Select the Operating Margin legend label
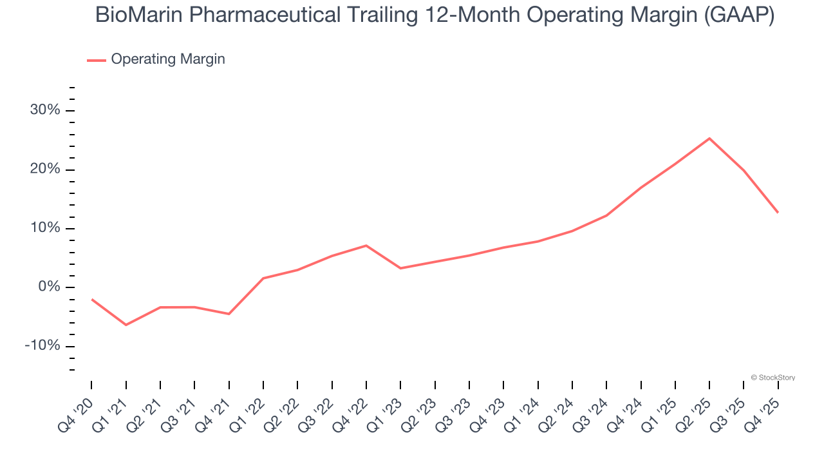point(168,59)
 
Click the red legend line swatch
point(97,60)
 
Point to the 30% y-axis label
point(45,110)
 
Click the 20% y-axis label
point(45,169)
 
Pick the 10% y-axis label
point(45,228)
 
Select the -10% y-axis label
point(42,346)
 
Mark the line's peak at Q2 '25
point(709,138)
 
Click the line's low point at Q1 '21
point(126,325)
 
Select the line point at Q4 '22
point(366,246)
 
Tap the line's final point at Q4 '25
point(778,212)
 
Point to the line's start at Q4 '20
point(91,299)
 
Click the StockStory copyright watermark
point(772,378)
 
